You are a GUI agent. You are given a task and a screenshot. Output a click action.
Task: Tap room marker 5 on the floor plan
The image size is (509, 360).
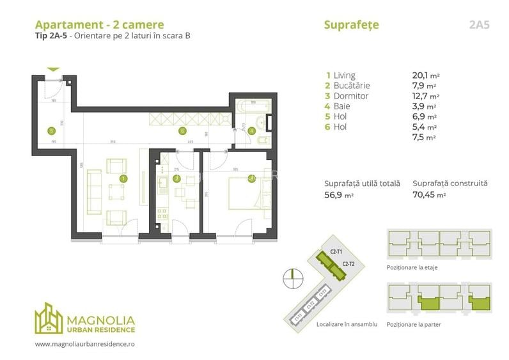coord(51,130)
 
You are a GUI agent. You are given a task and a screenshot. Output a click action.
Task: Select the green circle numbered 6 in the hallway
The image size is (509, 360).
coord(182,130)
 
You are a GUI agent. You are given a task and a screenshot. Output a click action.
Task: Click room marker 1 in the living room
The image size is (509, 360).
coord(123,178)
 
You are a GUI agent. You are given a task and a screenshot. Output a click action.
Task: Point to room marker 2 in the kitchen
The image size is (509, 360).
coord(176,178)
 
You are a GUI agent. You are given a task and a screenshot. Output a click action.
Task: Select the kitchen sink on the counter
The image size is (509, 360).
coord(163,186)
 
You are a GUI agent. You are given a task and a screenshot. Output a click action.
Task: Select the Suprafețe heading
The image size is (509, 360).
coord(351,25)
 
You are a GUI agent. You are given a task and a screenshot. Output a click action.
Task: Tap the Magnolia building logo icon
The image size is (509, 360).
coord(49,318)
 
